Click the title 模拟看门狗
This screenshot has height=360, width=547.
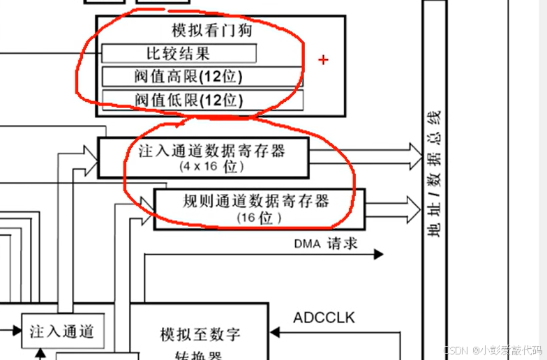click(x=212, y=31)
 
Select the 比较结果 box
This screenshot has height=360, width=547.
click(x=179, y=53)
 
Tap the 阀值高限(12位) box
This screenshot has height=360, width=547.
click(x=202, y=76)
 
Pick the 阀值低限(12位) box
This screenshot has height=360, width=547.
click(x=202, y=100)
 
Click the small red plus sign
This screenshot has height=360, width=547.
click(x=323, y=60)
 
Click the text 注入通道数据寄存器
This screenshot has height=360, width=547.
click(x=212, y=151)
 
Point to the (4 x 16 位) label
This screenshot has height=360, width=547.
click(x=211, y=167)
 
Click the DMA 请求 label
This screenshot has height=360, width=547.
click(x=325, y=243)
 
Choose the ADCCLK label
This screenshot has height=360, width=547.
click(x=324, y=318)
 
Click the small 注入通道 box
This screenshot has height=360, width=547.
click(x=62, y=332)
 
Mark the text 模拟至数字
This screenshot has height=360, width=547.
click(x=200, y=334)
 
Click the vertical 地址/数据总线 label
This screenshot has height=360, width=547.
click(x=434, y=174)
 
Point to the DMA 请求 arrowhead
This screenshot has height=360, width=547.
click(x=378, y=254)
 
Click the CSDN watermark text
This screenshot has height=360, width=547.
click(x=493, y=349)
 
